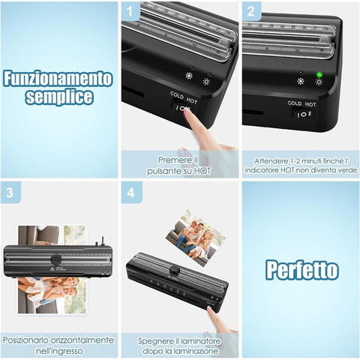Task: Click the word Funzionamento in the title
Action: tap(58, 79)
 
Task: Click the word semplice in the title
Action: tap(59, 97)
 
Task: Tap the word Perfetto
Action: tap(302, 269)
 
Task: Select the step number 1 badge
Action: tap(130, 11)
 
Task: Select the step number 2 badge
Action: tap(251, 11)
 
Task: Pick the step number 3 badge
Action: tap(10, 193)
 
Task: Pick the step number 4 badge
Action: tap(130, 193)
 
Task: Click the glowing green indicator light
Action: tap(319, 74)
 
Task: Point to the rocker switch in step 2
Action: tap(304, 115)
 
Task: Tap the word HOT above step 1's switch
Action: tap(192, 100)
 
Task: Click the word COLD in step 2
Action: tap(295, 103)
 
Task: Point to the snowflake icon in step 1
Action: tap(189, 76)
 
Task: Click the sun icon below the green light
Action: tap(319, 82)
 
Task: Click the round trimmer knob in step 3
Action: tap(56, 259)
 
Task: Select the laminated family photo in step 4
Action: tap(196, 238)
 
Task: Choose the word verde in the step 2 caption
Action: tap(347, 170)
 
